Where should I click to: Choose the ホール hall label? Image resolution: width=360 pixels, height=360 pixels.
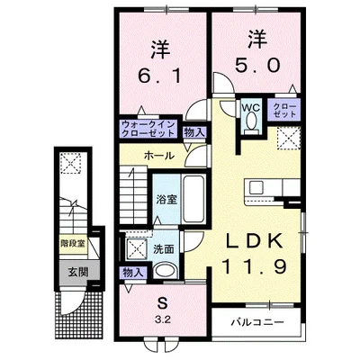[158, 155]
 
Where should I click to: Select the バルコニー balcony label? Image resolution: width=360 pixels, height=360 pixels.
[259, 320]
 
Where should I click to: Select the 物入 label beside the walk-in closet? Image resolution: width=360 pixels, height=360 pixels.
[193, 131]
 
